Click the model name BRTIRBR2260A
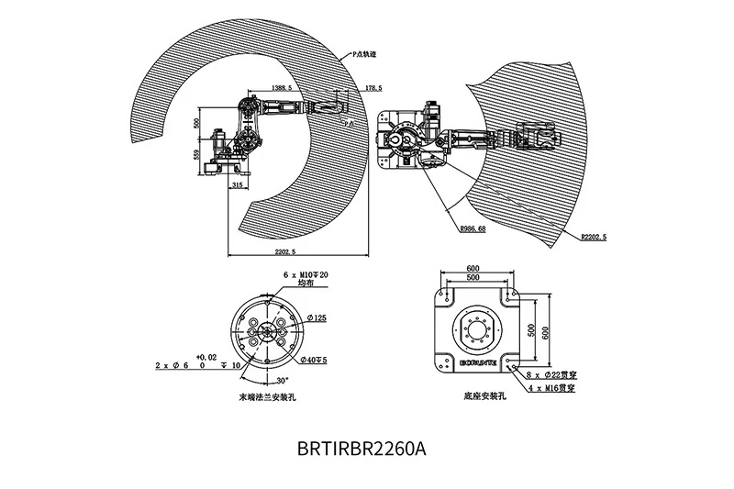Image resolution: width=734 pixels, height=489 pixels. click(361, 450)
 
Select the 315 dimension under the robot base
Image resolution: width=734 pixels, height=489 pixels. click(237, 185)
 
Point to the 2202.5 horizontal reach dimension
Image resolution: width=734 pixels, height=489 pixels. click(293, 250)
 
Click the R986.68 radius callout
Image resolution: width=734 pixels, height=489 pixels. click(470, 228)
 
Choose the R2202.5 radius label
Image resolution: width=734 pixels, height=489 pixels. click(594, 237)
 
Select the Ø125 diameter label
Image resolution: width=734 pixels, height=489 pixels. click(317, 317)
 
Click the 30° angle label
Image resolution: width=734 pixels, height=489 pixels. click(281, 378)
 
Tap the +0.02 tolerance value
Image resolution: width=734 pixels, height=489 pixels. click(206, 356)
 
